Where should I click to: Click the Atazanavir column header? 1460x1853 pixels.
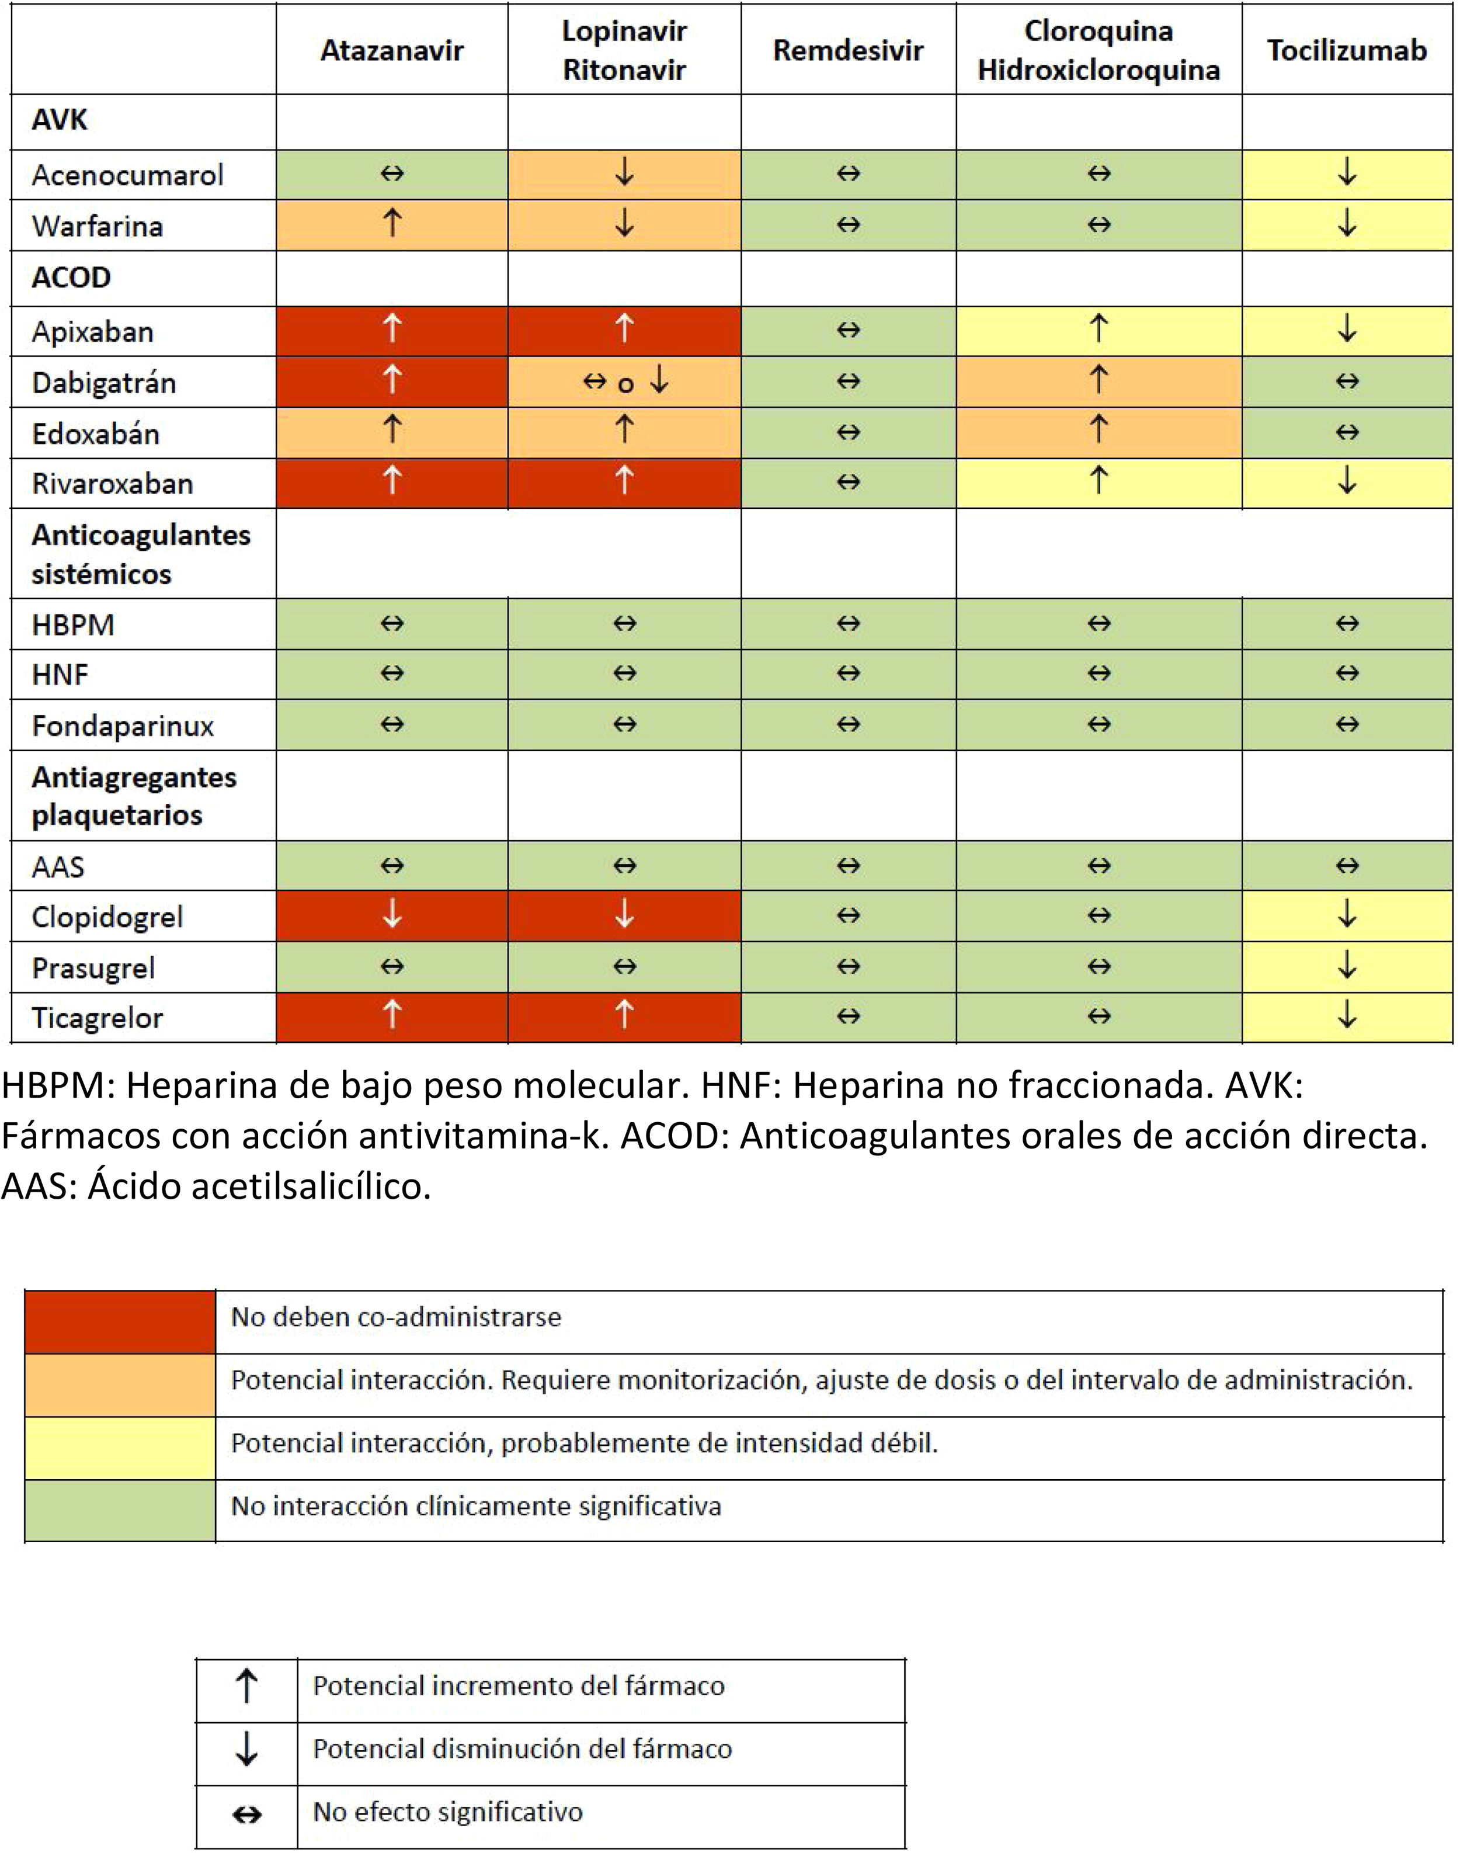391,50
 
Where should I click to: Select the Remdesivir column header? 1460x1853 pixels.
848,50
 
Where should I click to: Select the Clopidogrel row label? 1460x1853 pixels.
107,917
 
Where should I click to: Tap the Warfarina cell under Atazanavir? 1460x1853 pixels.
391,225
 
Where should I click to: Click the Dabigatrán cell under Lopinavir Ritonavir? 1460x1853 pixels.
624,381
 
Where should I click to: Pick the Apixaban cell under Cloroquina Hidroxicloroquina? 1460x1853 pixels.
1099,330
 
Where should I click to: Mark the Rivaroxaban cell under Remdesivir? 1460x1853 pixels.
848,483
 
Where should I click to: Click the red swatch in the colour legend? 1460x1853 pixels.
120,1322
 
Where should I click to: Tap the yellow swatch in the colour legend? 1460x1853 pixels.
120,1448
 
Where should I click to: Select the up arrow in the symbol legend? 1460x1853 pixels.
246,1687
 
